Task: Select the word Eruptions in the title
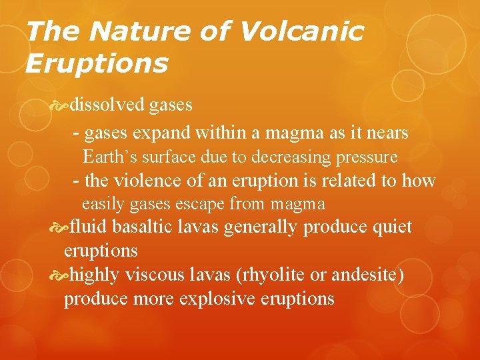click(x=96, y=63)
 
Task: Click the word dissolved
click(x=107, y=105)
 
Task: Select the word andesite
click(x=369, y=274)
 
